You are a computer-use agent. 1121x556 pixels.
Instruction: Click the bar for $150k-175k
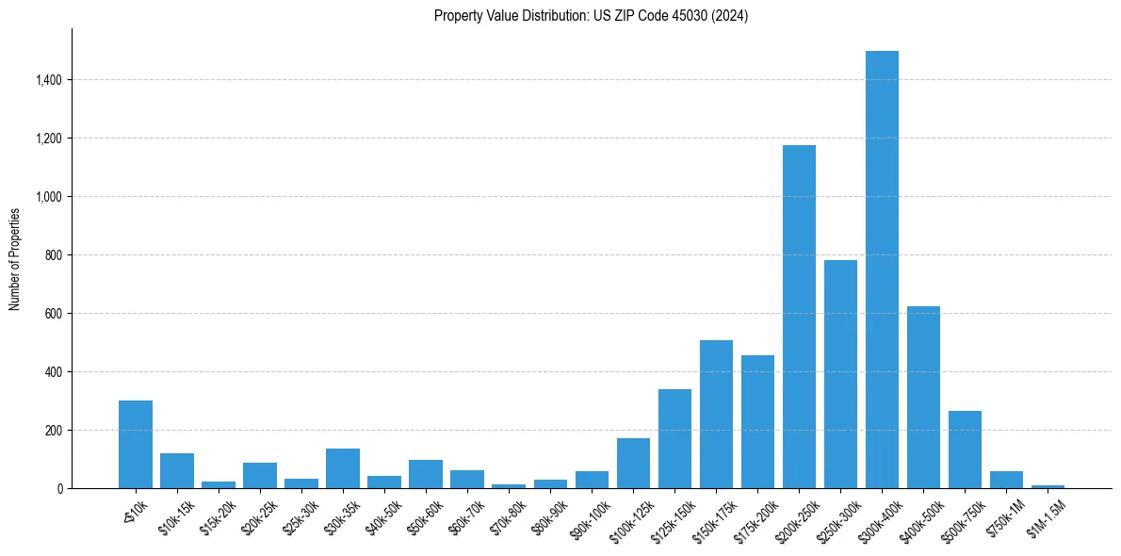(716, 415)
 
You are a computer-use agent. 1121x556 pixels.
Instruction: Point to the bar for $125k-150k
(674, 439)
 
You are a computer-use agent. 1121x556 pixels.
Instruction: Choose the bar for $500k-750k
(965, 450)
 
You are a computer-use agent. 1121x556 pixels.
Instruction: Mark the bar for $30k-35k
(343, 468)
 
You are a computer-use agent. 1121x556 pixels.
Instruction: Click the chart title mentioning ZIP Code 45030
(591, 16)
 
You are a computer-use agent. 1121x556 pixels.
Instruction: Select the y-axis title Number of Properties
(15, 258)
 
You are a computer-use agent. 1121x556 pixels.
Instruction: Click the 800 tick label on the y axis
(53, 255)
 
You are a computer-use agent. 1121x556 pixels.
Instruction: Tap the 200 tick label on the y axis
(53, 431)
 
